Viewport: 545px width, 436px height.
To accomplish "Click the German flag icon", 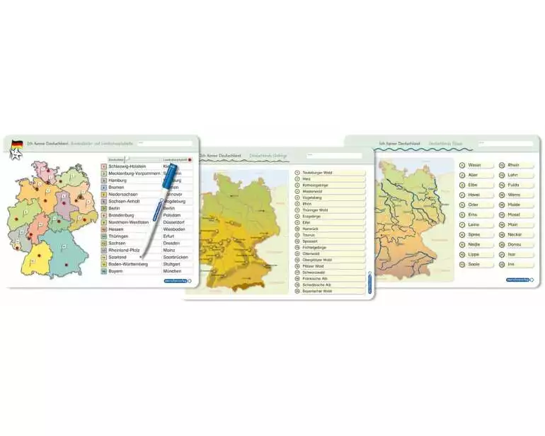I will pyautogui.click(x=16, y=144).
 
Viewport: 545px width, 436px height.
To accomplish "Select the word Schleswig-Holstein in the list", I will pyautogui.click(x=127, y=166).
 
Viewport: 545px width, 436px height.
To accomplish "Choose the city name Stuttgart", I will pyautogui.click(x=172, y=264).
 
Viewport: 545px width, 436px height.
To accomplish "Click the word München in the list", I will pyautogui.click(x=172, y=271).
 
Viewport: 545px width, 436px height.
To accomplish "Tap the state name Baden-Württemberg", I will pyautogui.click(x=128, y=264).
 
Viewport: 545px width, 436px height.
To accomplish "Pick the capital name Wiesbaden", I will pyautogui.click(x=173, y=229).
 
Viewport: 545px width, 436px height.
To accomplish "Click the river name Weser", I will pyautogui.click(x=474, y=166).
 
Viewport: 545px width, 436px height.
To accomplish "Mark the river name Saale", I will pyautogui.click(x=474, y=264).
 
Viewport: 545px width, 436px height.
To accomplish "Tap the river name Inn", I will pyautogui.click(x=511, y=264).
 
